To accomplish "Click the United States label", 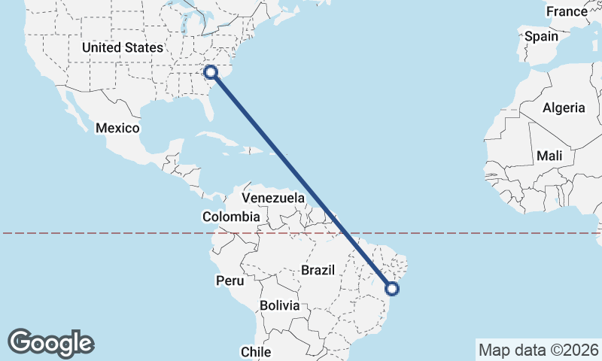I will click(x=122, y=47).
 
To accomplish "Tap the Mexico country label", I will click(x=117, y=128).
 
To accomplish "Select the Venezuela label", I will click(x=273, y=199).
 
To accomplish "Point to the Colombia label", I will click(x=231, y=217).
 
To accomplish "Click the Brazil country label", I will click(x=317, y=269).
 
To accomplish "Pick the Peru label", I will click(x=230, y=281).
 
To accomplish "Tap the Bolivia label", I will click(x=280, y=306).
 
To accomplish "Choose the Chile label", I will click(x=255, y=351).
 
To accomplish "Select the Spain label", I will click(x=542, y=36).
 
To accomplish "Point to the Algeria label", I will click(x=564, y=108).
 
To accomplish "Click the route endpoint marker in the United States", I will click(x=211, y=72).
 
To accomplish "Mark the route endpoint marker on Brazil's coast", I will click(x=391, y=287).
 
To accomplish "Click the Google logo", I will click(x=50, y=343).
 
